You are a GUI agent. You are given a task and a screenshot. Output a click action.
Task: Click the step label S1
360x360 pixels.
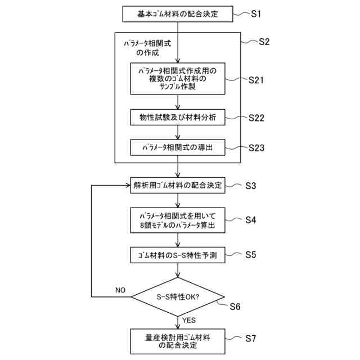click(256, 13)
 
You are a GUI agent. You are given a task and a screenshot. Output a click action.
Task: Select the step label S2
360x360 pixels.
click(264, 42)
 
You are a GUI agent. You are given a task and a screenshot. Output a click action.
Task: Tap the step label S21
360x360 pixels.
click(256, 80)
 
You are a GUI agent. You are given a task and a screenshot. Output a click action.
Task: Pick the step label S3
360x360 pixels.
click(251, 185)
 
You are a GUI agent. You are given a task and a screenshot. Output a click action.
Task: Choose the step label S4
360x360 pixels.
click(251, 220)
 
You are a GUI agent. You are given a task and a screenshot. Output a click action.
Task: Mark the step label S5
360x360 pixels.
click(251, 254)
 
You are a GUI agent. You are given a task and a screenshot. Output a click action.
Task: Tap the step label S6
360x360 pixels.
click(235, 307)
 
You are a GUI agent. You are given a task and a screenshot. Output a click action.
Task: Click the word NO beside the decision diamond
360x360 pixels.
click(120, 290)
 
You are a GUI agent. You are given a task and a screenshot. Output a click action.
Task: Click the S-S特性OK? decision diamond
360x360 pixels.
click(177, 296)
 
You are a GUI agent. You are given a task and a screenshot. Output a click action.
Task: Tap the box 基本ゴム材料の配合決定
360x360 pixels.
click(178, 13)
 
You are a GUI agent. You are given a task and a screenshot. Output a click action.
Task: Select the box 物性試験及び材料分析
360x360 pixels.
click(178, 118)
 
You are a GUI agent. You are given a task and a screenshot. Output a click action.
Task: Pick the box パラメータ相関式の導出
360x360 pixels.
click(178, 148)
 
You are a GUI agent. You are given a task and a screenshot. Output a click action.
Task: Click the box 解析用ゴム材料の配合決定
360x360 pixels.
click(178, 185)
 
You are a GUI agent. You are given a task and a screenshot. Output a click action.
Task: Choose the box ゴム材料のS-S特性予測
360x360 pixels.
click(178, 255)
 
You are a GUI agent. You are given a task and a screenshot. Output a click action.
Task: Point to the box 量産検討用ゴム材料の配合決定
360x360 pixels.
click(178, 341)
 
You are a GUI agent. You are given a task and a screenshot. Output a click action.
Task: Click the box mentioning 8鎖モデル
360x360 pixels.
click(178, 220)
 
